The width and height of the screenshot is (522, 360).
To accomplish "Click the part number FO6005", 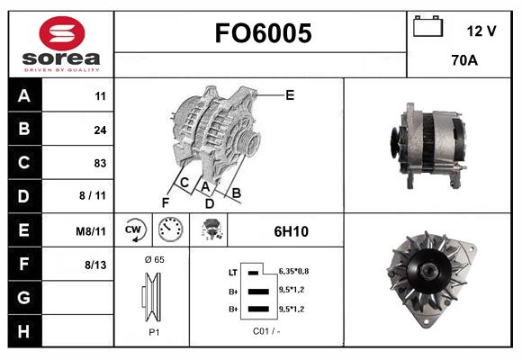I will point(262,34).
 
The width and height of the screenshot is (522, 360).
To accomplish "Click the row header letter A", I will point(24,96).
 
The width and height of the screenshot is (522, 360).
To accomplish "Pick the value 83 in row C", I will point(100,164).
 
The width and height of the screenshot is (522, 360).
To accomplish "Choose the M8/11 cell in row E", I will point(92,231).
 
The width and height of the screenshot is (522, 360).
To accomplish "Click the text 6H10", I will point(291,231).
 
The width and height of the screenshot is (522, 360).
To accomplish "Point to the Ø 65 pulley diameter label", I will point(154,259).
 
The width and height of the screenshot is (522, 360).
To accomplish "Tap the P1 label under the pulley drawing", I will point(153,331).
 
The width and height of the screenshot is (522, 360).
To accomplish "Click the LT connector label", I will point(232,272).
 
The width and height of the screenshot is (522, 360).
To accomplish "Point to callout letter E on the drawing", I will point(290,94).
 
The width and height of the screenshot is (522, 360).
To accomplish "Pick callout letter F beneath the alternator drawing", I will point(166,202).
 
